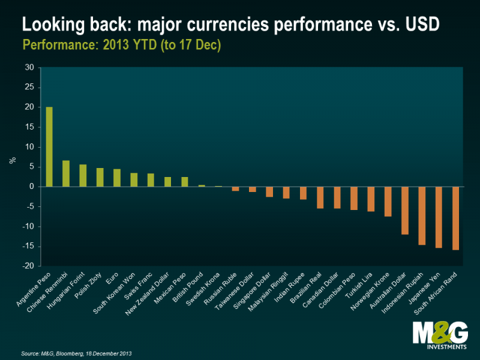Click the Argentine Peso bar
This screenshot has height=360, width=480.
tap(49, 147)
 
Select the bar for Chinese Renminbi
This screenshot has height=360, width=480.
tap(66, 173)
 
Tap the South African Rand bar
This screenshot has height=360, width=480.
tap(456, 218)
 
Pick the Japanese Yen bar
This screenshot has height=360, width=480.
tap(439, 217)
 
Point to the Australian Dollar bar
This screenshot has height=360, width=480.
tap(406, 210)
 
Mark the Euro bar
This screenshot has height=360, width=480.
tap(117, 178)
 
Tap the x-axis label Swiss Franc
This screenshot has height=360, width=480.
tap(142, 285)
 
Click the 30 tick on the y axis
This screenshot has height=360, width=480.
tap(29, 68)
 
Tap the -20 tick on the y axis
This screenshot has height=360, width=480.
tap(28, 266)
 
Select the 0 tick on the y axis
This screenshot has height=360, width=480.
tap(32, 187)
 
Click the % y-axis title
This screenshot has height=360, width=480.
tap(11, 161)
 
